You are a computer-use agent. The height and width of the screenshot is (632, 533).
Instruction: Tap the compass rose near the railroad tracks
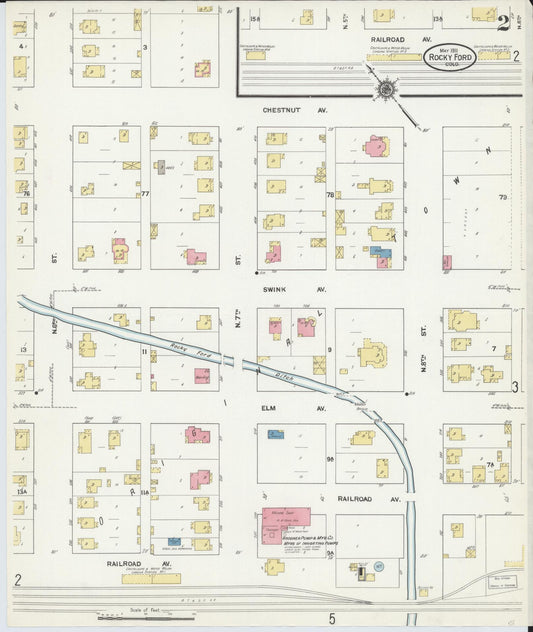(386, 91)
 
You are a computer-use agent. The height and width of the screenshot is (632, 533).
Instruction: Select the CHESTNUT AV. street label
(294, 111)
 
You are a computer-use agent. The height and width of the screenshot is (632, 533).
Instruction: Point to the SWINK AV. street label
(294, 289)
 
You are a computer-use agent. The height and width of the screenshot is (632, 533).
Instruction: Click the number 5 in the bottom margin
(332, 619)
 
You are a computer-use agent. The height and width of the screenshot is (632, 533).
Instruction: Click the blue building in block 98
(274, 434)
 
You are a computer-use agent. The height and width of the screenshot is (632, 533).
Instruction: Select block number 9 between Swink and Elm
(329, 349)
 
